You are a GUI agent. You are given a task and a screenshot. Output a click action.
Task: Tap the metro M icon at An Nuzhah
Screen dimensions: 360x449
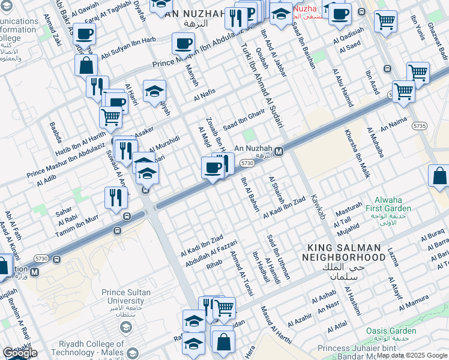pyautogui.click(x=279, y=152)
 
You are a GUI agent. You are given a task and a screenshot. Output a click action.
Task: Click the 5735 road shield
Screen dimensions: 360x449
pyautogui.click(x=419, y=126)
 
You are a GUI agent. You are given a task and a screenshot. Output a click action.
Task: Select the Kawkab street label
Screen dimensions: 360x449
pyautogui.click(x=317, y=206)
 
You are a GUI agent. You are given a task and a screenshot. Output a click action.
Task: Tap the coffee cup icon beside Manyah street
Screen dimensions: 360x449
pyautogui.click(x=183, y=43)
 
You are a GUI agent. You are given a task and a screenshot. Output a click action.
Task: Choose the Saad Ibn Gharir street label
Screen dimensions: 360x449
pyautogui.click(x=244, y=119)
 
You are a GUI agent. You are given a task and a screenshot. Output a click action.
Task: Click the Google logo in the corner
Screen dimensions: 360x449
pyautogui.click(x=19, y=353)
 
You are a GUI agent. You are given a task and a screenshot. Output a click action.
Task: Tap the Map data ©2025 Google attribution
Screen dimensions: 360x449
pyautogui.click(x=412, y=355)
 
